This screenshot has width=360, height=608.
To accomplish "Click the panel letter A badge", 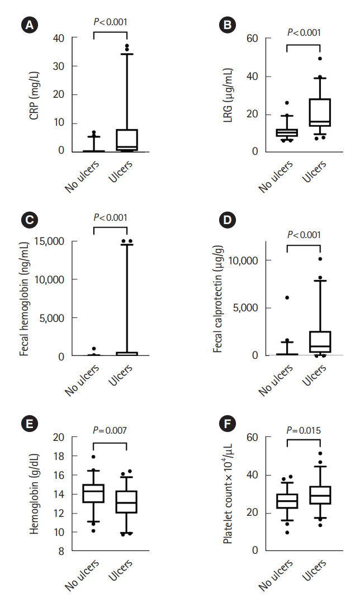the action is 29,26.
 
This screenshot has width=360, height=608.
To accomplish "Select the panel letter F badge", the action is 226,423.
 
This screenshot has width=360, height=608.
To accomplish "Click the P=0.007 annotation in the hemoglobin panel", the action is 110,430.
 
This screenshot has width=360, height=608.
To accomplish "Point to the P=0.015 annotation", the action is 304,430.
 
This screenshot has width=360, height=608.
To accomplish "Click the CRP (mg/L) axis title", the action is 34,94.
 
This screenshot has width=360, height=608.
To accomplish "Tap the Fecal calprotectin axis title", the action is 219,298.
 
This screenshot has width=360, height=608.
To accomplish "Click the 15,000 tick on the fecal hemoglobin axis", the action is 49,241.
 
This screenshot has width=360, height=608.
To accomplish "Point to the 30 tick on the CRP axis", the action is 59,66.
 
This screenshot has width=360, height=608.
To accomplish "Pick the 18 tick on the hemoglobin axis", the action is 59,456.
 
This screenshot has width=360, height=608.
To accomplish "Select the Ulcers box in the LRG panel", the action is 320,112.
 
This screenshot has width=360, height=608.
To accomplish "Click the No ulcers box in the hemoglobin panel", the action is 93,493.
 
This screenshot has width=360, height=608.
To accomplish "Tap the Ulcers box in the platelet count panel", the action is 320,495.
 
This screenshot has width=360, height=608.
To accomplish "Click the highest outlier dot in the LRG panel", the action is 320,59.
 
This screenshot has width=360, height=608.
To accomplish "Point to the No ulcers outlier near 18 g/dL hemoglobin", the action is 93,457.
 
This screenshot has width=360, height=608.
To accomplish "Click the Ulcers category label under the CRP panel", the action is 121,170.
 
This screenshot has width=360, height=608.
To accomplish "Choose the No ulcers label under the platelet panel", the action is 276,576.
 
